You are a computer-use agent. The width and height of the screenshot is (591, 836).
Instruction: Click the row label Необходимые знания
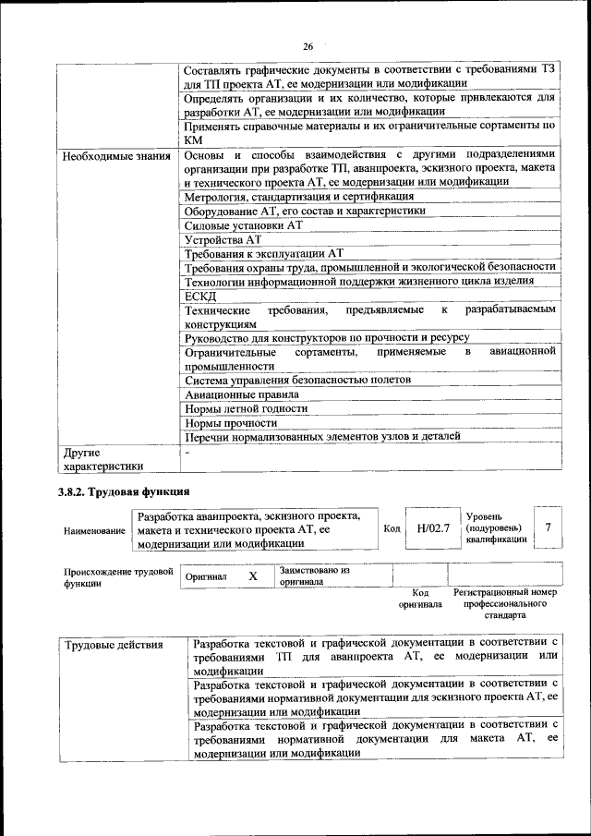click(x=116, y=155)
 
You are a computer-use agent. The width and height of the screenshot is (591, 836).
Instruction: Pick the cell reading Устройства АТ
click(x=223, y=239)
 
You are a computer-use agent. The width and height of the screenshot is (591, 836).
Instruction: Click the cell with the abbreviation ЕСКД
click(x=200, y=296)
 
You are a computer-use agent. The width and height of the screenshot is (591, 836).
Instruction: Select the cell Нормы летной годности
click(x=246, y=408)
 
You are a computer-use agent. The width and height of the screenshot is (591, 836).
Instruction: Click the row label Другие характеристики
click(x=103, y=459)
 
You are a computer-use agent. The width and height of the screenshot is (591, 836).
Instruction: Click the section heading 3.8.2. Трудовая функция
click(x=126, y=491)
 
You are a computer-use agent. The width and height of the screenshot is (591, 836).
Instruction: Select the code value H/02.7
click(x=433, y=528)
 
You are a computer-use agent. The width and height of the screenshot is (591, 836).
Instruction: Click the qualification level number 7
click(x=549, y=527)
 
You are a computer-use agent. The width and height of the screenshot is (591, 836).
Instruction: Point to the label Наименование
click(x=94, y=532)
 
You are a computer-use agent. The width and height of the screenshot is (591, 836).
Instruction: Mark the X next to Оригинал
click(x=252, y=576)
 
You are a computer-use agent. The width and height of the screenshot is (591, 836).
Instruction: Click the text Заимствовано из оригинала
click(x=314, y=576)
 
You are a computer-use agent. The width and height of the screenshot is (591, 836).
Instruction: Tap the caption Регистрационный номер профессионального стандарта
click(x=505, y=602)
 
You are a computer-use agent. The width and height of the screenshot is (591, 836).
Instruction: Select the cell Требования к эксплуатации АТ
click(x=264, y=253)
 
